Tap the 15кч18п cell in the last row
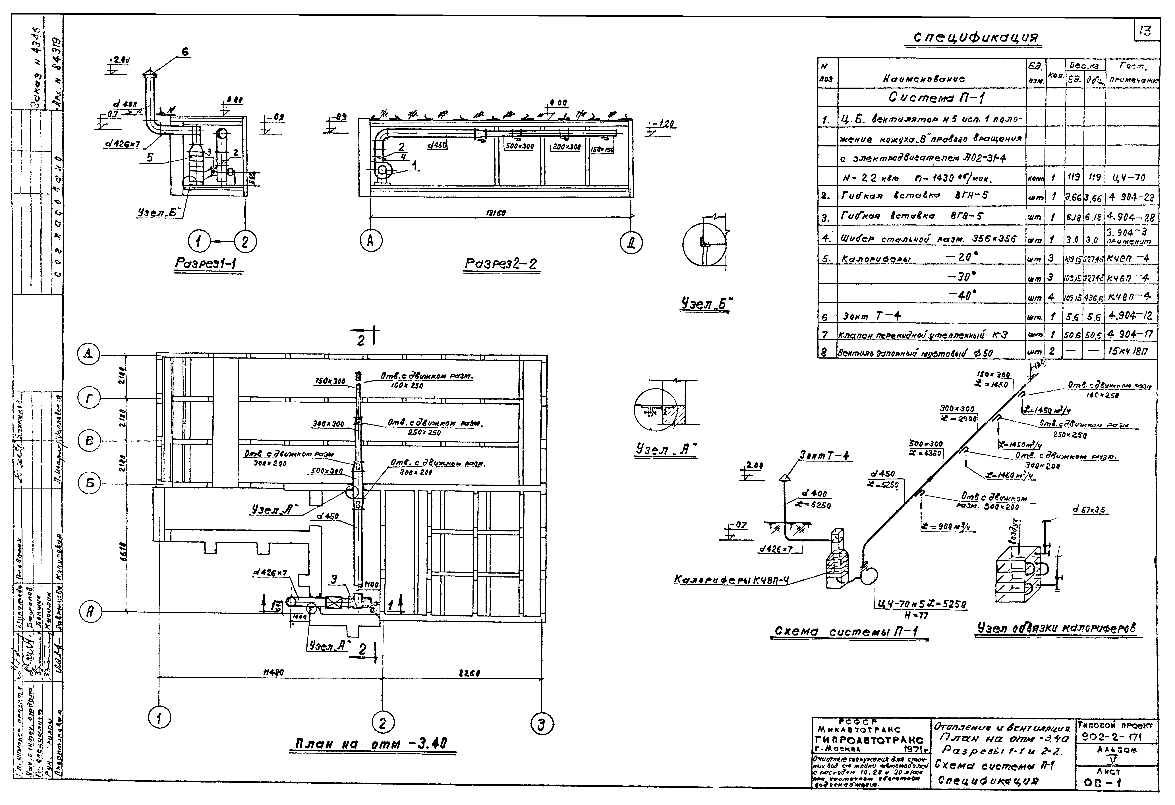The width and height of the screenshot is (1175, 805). (x=1132, y=350)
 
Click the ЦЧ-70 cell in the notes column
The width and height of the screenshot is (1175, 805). (x=1132, y=178)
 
